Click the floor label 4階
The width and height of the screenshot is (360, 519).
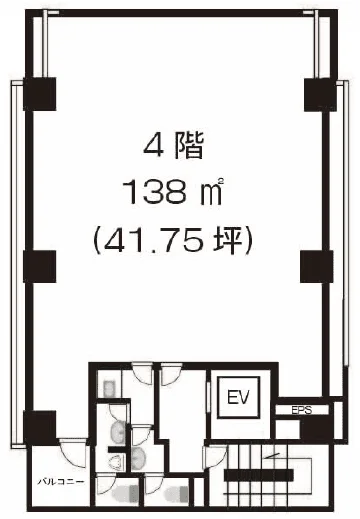coord(173,147)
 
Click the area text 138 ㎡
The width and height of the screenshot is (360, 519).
coord(172,192)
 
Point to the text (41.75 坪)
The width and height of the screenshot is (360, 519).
coord(172,241)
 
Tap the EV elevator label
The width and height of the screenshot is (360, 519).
coord(238,397)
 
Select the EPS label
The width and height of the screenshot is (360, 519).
coord(301,410)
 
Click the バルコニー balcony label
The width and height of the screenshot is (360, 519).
coord(60,481)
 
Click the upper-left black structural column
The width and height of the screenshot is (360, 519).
coord(39,94)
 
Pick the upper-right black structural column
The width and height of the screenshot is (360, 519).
coord(320,95)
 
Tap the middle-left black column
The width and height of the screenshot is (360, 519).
coord(39,266)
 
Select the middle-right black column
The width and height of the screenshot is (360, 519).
coord(316,267)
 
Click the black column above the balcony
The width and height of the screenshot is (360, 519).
coord(39,428)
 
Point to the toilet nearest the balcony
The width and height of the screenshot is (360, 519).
coord(125,494)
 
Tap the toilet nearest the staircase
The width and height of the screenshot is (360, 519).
coord(177,494)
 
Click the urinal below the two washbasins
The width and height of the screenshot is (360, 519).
coord(115,463)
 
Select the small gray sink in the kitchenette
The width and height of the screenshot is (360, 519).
coord(109,388)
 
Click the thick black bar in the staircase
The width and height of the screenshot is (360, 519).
coord(259,475)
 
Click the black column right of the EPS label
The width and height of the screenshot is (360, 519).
coord(317,427)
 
